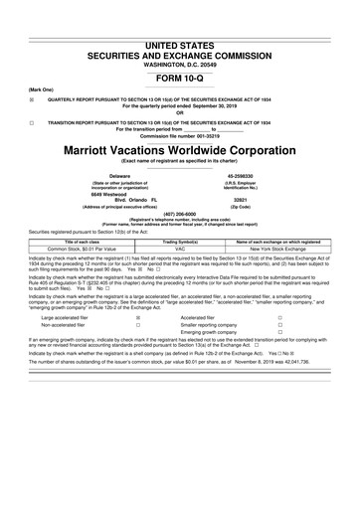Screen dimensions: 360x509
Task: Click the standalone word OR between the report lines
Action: click(x=179, y=110)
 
